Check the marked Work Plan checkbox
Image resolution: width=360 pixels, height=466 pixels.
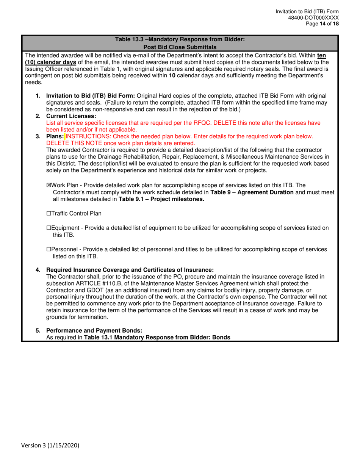[48, 185]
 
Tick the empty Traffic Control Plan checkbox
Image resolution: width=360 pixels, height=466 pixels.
[48, 214]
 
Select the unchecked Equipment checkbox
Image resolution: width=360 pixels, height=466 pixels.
[48, 228]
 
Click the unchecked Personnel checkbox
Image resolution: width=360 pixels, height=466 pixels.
[48, 249]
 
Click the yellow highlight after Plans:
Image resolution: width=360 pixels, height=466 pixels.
[65, 136]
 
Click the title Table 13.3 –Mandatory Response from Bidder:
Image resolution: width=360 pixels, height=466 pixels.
[180, 39]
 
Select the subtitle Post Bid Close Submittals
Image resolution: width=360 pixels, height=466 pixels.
[180, 47]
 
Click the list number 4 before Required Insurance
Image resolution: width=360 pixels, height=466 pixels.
[38, 270]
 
